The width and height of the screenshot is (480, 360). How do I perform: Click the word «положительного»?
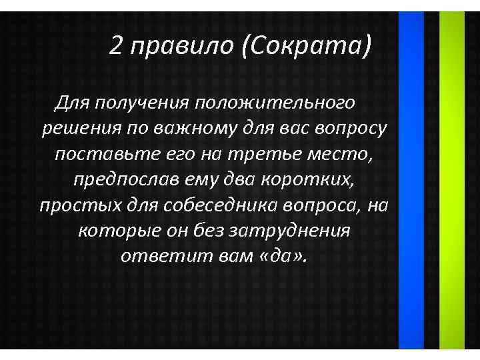(275, 104)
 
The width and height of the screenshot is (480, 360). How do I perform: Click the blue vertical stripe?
(411, 180)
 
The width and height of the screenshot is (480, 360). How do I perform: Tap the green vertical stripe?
(453, 180)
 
